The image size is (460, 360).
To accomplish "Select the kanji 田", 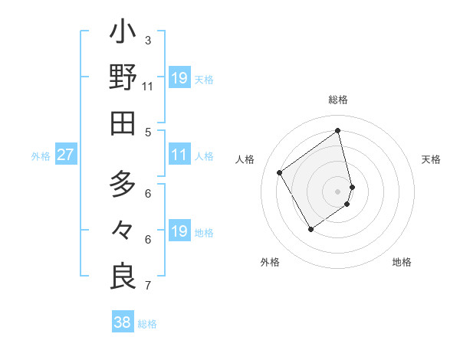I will pyautogui.click(x=123, y=123).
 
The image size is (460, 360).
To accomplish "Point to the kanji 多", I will pyautogui.click(x=123, y=185).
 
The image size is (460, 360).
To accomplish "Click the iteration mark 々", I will pyautogui.click(x=123, y=231).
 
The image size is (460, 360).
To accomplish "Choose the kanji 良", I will pyautogui.click(x=123, y=277).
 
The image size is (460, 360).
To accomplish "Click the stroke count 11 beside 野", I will pyautogui.click(x=148, y=87).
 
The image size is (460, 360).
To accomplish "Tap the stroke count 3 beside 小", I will pyautogui.click(x=148, y=41).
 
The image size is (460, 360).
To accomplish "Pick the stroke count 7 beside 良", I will pyautogui.click(x=148, y=286).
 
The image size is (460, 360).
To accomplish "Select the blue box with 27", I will pyautogui.click(x=66, y=155).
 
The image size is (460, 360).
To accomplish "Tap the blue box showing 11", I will pyautogui.click(x=179, y=155).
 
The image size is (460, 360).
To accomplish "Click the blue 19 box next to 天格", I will pyautogui.click(x=179, y=78).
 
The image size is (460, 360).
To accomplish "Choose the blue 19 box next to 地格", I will pyautogui.click(x=179, y=231).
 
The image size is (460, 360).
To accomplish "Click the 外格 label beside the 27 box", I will pyautogui.click(x=41, y=155).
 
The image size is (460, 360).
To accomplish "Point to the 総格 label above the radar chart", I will pyautogui.click(x=338, y=100).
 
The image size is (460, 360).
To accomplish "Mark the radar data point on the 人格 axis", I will pyautogui.click(x=280, y=172).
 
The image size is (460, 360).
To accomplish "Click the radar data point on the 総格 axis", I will pyautogui.click(x=338, y=130).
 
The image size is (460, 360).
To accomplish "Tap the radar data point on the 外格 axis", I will pyautogui.click(x=310, y=228).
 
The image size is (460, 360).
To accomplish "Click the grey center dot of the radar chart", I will pyautogui.click(x=338, y=191).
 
